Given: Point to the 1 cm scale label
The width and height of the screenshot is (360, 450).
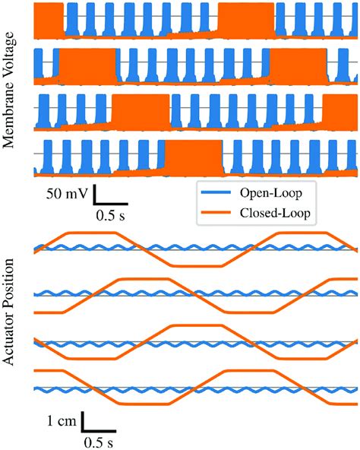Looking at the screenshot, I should (58, 422).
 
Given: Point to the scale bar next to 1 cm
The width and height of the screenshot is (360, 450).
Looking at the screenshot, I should (82, 423).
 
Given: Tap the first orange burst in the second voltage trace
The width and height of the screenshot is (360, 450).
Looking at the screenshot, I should (87, 65).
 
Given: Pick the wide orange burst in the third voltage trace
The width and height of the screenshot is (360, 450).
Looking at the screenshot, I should (141, 111).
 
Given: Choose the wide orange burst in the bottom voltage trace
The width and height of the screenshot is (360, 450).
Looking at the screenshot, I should (194, 157).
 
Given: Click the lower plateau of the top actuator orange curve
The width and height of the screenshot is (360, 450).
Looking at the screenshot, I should (197, 265).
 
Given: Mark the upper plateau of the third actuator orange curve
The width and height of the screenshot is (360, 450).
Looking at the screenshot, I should (197, 325).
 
